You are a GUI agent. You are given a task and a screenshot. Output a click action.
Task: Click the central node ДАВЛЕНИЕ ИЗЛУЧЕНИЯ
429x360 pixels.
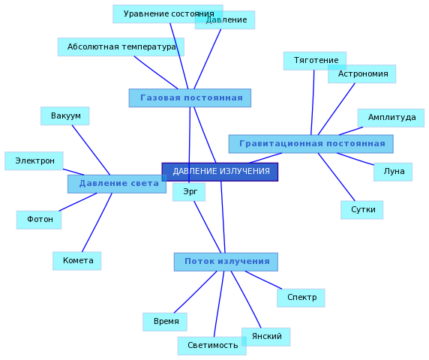220,172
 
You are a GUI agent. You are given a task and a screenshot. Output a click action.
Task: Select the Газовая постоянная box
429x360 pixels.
190,98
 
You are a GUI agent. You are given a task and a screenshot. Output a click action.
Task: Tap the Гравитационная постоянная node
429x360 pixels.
311,144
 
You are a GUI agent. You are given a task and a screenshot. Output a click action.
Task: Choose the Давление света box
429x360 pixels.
117,184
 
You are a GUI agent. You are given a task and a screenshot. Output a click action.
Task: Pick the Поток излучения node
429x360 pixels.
226,262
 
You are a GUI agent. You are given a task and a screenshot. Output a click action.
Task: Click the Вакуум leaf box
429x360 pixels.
65,116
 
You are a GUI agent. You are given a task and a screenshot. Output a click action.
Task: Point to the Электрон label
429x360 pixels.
34,160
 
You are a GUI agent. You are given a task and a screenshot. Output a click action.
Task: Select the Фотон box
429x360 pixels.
39,220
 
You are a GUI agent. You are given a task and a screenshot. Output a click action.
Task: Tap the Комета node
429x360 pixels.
77,261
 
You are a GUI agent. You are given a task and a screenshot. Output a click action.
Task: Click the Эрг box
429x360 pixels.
189,192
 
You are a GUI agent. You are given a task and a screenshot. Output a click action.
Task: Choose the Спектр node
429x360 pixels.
301,298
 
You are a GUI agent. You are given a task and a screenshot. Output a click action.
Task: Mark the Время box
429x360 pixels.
165,322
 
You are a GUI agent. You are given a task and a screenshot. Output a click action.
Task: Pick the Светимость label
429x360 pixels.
212,345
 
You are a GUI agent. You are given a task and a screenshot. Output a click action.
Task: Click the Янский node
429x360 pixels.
266,337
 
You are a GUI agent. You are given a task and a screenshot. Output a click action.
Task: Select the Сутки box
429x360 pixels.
362,210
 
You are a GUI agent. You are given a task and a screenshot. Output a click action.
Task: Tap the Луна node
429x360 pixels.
393,172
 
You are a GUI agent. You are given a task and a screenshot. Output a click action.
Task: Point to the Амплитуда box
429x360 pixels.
391,118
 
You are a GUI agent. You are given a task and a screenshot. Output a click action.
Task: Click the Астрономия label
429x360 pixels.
363,73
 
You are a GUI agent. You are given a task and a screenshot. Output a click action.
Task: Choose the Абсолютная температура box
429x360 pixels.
121,47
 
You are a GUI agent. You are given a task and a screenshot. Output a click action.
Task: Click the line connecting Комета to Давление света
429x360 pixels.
97,223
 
